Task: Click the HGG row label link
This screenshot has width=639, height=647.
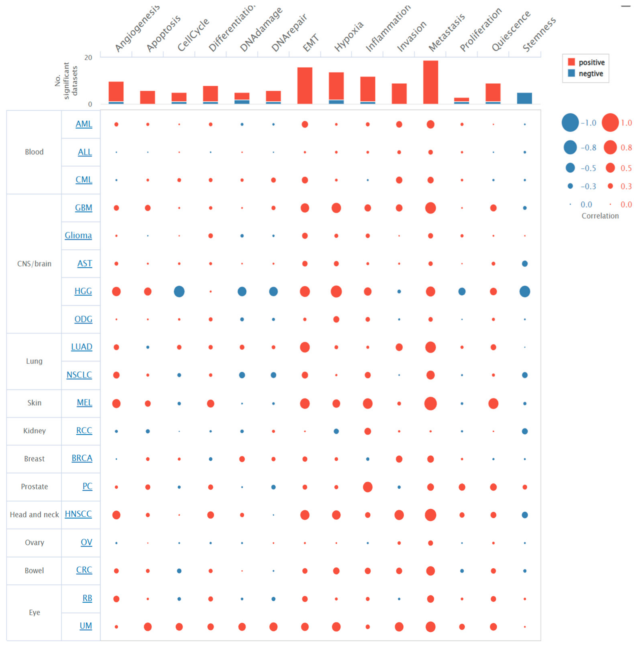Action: tap(83, 291)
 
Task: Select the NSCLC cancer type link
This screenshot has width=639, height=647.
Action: tap(79, 375)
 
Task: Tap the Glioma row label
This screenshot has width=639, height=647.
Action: tap(78, 235)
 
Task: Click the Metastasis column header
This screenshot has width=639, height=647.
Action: tap(446, 32)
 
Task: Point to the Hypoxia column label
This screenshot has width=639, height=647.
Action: tap(348, 36)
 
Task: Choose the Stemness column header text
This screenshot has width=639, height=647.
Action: tap(539, 34)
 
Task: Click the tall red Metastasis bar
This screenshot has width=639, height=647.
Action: tap(430, 82)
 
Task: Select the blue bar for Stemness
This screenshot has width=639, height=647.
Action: tap(525, 98)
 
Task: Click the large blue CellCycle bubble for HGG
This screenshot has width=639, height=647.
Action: tap(179, 291)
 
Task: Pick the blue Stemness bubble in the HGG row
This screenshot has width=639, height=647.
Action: tap(525, 291)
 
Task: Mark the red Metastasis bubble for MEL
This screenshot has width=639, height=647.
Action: tap(430, 403)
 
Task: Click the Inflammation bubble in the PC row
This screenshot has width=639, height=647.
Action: tap(368, 487)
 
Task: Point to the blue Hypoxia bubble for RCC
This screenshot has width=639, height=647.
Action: tap(336, 431)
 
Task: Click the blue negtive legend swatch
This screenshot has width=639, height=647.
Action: tap(571, 73)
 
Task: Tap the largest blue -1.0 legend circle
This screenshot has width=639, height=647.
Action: tap(570, 122)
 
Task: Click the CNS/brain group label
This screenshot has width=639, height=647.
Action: tap(34, 263)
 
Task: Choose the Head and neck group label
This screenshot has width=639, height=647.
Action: tap(34, 514)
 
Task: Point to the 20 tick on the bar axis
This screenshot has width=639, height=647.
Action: tap(88, 58)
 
